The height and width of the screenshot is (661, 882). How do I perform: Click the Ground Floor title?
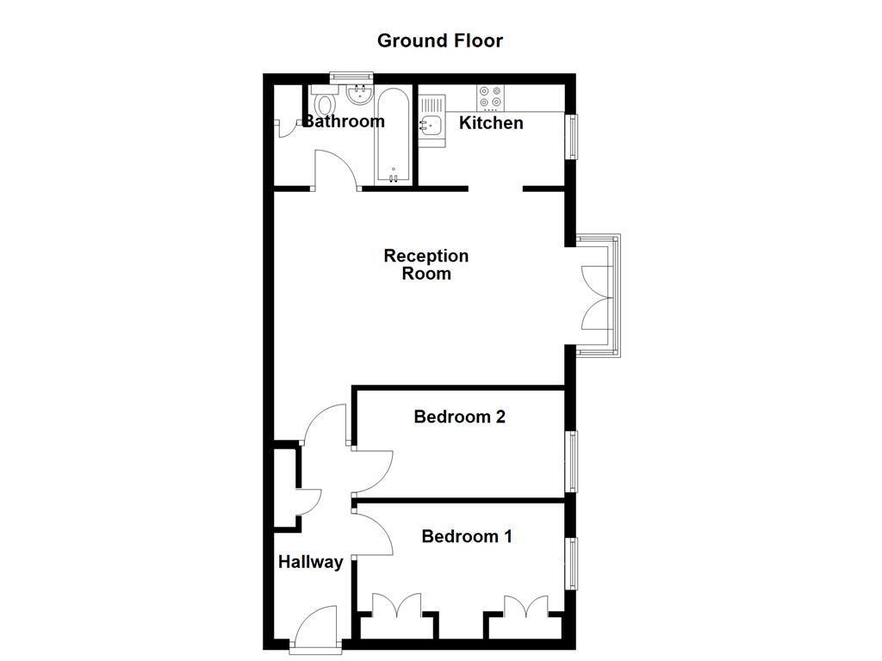tap(440, 40)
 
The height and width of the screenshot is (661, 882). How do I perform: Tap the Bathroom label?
tap(345, 121)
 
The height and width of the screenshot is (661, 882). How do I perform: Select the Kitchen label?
tap(491, 123)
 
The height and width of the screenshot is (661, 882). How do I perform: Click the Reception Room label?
tap(426, 265)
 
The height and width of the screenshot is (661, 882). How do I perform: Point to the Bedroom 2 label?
tap(459, 417)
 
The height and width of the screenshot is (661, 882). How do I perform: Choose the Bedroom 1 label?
tap(467, 537)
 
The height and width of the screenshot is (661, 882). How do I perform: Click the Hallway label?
tap(310, 563)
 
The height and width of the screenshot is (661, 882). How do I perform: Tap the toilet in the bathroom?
tap(325, 105)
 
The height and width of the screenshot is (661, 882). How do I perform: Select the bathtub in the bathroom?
tap(394, 136)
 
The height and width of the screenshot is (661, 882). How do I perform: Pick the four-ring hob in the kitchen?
tap(491, 96)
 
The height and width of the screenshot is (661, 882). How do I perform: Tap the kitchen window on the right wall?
tap(571, 136)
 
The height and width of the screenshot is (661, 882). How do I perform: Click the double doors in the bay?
tap(598, 297)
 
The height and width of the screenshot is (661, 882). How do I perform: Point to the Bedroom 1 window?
tap(571, 564)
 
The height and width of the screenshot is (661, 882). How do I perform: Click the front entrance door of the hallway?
tap(316, 627)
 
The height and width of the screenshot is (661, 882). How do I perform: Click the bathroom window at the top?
tap(351, 77)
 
